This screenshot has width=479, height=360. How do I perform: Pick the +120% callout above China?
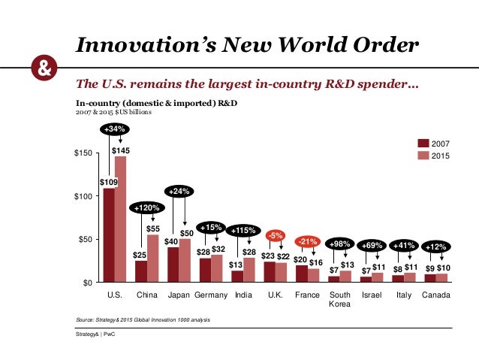[x=146, y=207]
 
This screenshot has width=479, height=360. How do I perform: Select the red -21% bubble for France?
[x=306, y=241]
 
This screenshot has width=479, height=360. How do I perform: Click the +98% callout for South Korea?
[x=339, y=245]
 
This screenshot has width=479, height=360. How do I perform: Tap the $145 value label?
[x=120, y=151]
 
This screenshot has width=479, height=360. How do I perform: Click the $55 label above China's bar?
[x=152, y=228]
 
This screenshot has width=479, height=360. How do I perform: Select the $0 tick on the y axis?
[x=86, y=283]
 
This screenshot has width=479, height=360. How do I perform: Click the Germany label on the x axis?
[x=211, y=295]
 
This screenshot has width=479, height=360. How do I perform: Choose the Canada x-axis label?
[x=436, y=295]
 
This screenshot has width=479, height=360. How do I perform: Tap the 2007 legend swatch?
[x=423, y=143]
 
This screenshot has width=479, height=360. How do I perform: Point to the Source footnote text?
[x=143, y=320]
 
